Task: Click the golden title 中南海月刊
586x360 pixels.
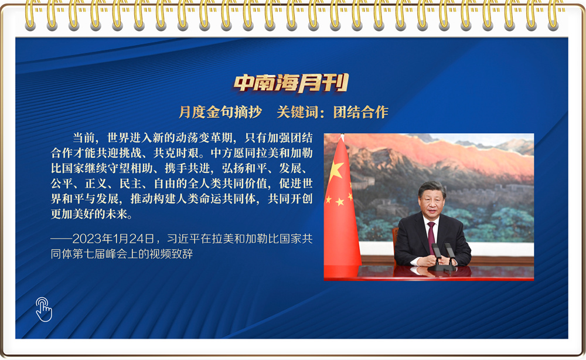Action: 291,83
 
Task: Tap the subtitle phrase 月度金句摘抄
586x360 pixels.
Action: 220,112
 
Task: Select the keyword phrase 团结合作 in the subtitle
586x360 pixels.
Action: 360,112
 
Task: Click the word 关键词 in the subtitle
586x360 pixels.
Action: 298,112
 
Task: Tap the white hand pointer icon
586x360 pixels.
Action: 44,310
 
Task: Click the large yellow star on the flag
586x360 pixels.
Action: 335,171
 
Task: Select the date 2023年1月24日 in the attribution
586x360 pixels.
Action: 113,239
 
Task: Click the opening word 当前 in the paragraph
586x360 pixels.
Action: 84,138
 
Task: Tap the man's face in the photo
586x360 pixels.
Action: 432,202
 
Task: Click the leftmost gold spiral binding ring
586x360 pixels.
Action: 30,15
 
